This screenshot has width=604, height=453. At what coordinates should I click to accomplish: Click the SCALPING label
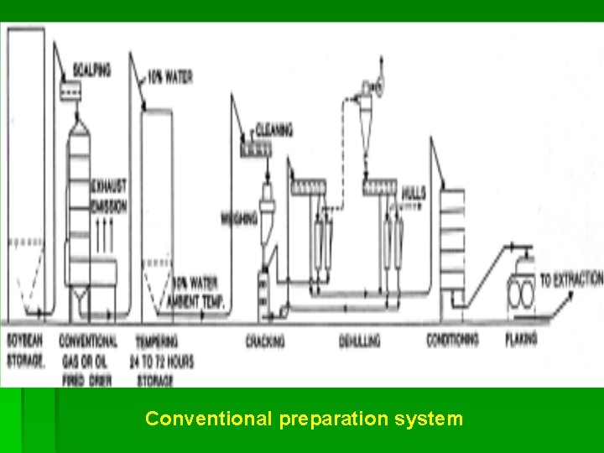point(90,70)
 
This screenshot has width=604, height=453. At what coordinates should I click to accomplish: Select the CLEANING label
point(273,130)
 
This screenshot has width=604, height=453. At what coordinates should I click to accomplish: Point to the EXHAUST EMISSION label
point(108,194)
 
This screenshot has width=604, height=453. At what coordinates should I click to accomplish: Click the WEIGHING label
point(238,218)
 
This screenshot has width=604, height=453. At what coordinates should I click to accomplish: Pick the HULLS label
point(414,193)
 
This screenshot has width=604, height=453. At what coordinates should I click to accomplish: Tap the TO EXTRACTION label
point(571,279)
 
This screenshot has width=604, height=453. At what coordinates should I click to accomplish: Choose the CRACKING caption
point(265,341)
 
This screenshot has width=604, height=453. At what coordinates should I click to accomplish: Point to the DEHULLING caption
point(360,341)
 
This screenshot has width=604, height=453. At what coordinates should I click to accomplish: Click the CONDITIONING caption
point(452,340)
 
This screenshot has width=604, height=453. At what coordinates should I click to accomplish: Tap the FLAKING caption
point(520,340)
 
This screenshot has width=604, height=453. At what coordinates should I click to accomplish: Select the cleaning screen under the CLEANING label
point(256,150)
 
